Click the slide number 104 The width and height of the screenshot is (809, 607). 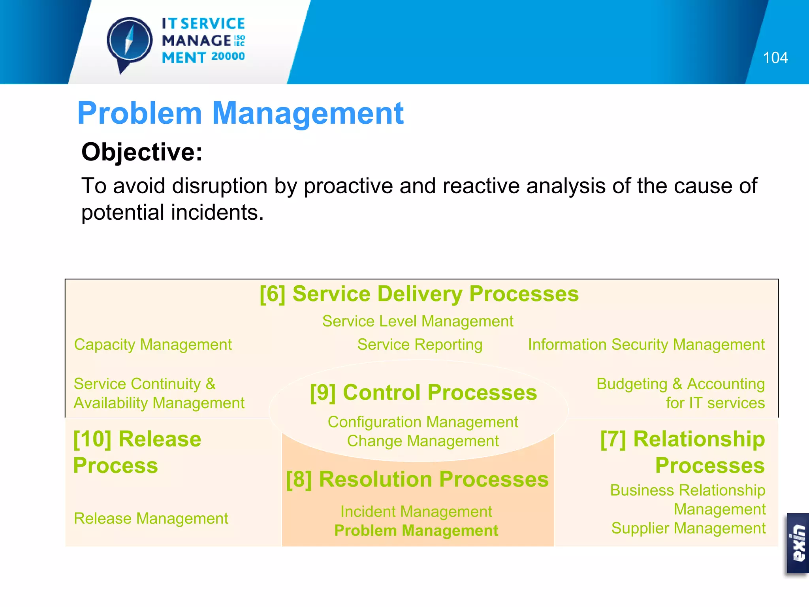click(775, 58)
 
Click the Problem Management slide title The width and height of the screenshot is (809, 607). click(240, 113)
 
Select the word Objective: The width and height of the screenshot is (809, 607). click(142, 152)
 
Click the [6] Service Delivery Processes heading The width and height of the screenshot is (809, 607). click(419, 294)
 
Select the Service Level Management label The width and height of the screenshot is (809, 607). click(418, 321)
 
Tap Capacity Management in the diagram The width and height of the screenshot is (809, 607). click(153, 345)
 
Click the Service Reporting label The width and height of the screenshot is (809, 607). click(420, 345)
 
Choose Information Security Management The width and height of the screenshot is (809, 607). click(646, 345)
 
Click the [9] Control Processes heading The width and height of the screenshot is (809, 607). click(423, 392)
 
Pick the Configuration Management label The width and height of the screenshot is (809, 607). click(423, 422)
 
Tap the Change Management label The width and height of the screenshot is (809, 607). click(423, 441)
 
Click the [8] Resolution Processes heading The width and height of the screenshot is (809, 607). click(417, 479)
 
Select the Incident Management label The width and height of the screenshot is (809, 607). click(416, 512)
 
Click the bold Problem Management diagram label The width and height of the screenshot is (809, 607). click(416, 531)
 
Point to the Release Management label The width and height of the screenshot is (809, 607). click(151, 518)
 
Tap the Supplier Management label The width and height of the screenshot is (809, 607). click(688, 528)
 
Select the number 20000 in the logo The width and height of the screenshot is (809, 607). click(228, 57)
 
